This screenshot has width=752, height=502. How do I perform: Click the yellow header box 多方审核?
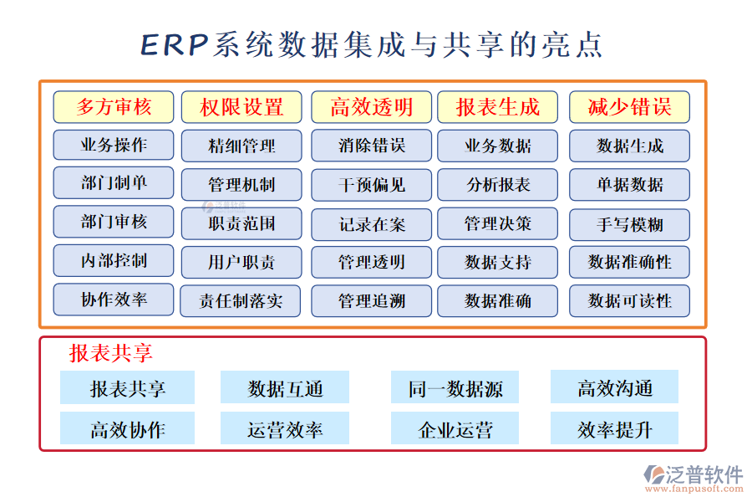(x=114, y=107)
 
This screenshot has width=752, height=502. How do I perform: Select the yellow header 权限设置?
(x=241, y=107)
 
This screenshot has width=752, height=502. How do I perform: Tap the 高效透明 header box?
(x=371, y=107)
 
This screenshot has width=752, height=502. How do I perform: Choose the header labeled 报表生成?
(x=497, y=107)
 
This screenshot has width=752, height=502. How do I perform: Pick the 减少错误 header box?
(x=629, y=107)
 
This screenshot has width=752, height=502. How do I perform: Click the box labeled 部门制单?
(x=114, y=183)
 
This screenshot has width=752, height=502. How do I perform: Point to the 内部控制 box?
(x=114, y=260)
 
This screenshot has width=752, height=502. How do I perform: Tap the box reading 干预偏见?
(x=371, y=185)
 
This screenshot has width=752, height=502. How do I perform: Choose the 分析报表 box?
(x=497, y=185)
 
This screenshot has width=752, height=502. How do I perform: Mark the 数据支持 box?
(x=497, y=262)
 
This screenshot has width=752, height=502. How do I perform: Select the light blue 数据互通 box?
(x=286, y=388)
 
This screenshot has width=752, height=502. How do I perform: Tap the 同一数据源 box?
(x=455, y=388)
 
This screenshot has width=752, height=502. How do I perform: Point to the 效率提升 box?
(x=614, y=430)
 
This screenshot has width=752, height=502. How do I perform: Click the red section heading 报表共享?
(x=111, y=353)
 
